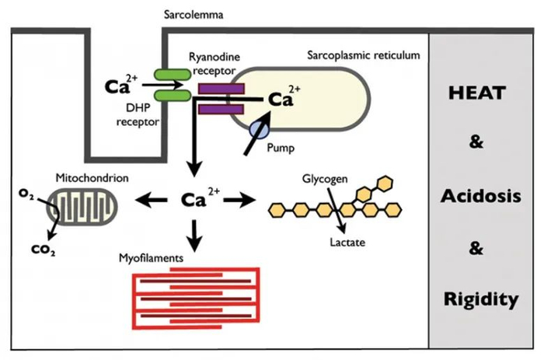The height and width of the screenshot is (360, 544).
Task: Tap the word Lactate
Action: (x=346, y=243)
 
